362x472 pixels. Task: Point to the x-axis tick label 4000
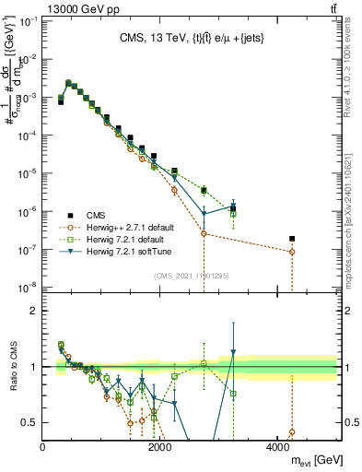[x=276, y=447]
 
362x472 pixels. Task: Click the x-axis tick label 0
[x=43, y=447]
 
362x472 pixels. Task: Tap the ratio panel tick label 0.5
[x=30, y=422]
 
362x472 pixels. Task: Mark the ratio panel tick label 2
[x=34, y=311]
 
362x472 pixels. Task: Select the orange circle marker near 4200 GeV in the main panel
[x=292, y=252]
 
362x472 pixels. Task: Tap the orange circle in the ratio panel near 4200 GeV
[x=292, y=431]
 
